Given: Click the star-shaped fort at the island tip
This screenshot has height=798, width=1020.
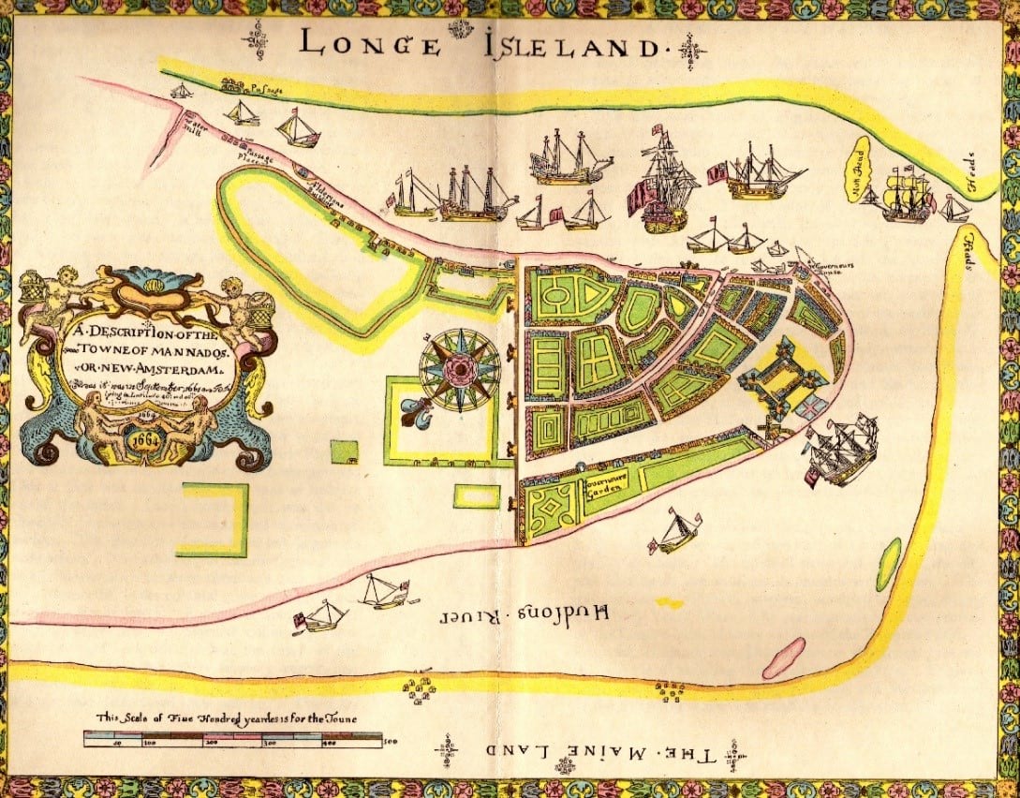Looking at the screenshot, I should tap(779, 378).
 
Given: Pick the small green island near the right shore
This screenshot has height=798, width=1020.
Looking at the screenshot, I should tap(887, 564).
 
